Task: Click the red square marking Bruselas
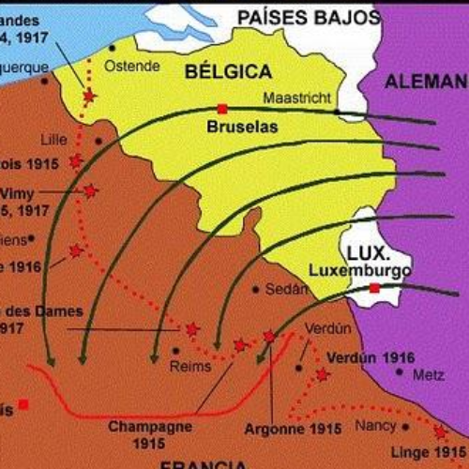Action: (x=222, y=108)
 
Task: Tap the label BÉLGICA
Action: (x=228, y=72)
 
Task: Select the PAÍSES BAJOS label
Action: (x=308, y=16)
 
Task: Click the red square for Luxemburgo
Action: (x=374, y=288)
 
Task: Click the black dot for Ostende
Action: (x=113, y=47)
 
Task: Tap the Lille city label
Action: (x=54, y=140)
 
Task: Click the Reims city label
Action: (x=190, y=367)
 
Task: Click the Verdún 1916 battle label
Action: (x=371, y=357)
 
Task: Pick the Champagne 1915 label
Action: (x=150, y=431)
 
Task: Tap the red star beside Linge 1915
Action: (x=439, y=432)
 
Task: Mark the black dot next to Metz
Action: (x=400, y=372)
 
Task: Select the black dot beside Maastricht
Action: (x=336, y=112)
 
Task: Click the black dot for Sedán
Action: (x=256, y=290)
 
